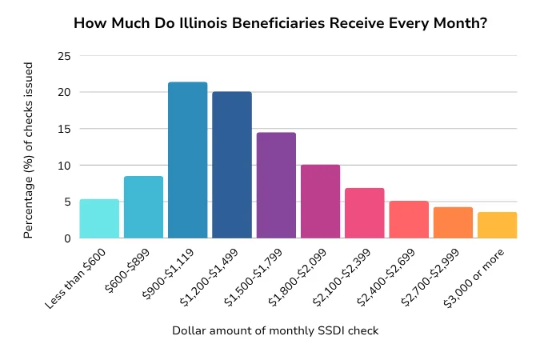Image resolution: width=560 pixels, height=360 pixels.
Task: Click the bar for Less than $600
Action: [x=99, y=218]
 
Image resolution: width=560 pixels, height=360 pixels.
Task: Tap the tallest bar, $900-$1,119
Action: [x=188, y=160]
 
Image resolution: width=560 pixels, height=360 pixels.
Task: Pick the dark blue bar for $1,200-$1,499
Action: [x=232, y=165]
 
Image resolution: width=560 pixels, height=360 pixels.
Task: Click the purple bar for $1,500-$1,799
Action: [x=276, y=186]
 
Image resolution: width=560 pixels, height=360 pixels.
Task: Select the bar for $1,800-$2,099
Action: [x=320, y=202]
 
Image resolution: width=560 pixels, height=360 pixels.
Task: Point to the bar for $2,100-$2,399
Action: [x=365, y=213]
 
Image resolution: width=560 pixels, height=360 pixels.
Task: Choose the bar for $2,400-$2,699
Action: [x=409, y=219]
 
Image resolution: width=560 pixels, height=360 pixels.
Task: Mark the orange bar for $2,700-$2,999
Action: [x=453, y=222]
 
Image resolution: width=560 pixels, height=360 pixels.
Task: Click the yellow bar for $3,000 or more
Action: [x=497, y=225]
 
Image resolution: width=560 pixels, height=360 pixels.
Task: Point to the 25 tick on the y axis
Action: [x=63, y=56]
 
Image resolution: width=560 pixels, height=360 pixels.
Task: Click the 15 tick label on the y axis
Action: [x=63, y=129]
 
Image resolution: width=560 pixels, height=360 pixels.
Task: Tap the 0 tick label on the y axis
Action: [x=66, y=238]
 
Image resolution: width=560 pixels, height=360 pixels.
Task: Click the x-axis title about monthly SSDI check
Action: [x=275, y=330]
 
